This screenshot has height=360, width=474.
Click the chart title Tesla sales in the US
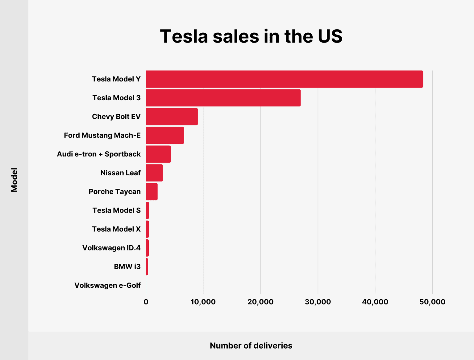[x=251, y=36]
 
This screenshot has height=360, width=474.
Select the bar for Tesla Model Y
[x=284, y=79]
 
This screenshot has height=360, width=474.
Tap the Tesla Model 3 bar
[x=223, y=98]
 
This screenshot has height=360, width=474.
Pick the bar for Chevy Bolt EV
[x=172, y=117]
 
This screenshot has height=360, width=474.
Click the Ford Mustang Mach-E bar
[x=165, y=135]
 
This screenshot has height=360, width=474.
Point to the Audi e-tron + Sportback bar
[x=158, y=154]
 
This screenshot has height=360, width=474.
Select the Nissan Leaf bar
[x=154, y=173]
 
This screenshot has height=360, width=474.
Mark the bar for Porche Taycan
[x=152, y=192]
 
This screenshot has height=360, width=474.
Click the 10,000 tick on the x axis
[x=203, y=302]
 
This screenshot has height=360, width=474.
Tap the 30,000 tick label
[x=318, y=302]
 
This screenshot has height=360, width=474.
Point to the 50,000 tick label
[x=432, y=302]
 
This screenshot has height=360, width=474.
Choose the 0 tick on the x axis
[x=146, y=302]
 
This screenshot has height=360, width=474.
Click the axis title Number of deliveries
[x=251, y=346]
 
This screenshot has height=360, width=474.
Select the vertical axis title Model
[x=14, y=180]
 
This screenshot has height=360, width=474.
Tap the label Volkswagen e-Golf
[x=107, y=285]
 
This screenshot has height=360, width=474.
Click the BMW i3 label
[x=127, y=267]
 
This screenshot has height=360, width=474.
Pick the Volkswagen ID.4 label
[x=111, y=248]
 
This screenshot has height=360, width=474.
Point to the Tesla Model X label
[x=116, y=229]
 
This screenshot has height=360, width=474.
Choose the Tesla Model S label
[x=116, y=210]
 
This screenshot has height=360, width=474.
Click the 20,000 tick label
[x=260, y=302]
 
